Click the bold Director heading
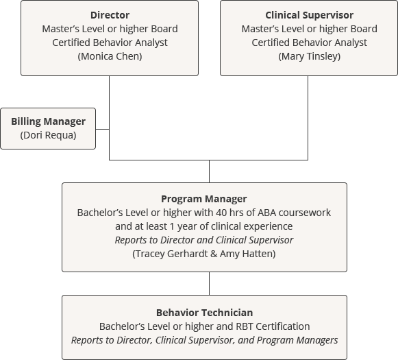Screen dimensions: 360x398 110,15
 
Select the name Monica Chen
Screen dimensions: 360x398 110,56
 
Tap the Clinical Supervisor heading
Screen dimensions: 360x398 309,15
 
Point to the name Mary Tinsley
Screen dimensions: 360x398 309,56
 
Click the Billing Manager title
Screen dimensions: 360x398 49,121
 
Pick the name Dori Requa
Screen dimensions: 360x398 49,135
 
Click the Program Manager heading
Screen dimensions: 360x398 203,199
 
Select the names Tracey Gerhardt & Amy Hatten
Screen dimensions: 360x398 203,254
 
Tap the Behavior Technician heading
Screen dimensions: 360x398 204,313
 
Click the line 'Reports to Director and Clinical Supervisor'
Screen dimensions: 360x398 203,240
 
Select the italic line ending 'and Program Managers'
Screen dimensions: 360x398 204,340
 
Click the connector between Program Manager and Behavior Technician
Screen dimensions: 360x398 209,283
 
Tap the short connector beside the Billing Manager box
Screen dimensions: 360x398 102,128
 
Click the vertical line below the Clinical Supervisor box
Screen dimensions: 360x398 307,117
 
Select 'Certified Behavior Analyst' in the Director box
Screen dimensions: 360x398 110,43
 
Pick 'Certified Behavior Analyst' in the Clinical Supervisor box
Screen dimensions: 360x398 309,43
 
